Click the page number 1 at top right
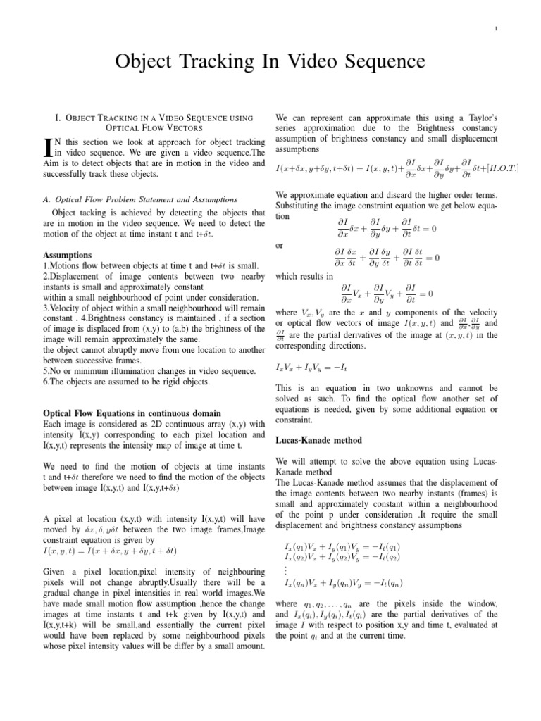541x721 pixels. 497,29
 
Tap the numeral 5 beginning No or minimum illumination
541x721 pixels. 46,370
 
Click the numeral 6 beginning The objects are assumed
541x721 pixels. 46,382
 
